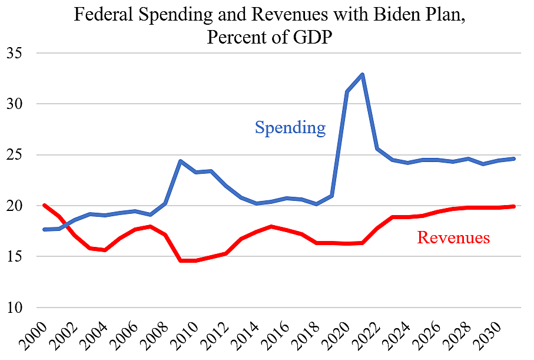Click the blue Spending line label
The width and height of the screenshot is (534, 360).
[x=290, y=127]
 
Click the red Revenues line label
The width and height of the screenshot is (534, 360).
[x=453, y=237]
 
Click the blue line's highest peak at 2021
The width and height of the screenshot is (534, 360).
[x=363, y=74]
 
